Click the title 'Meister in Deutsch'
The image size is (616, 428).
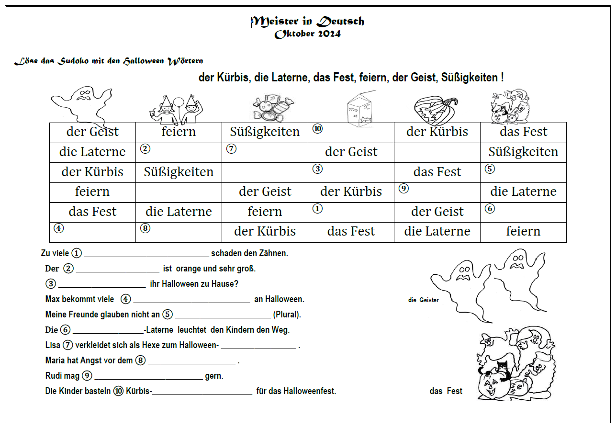coord(308,21)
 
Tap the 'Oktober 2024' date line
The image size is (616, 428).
coord(308,34)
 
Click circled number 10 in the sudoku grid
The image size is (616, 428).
coord(317,128)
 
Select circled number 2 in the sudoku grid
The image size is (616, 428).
coord(145,148)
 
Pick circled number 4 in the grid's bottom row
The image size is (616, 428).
coord(58,228)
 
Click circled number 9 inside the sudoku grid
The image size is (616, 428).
coord(403,189)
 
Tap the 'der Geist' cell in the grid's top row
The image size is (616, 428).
coord(92,132)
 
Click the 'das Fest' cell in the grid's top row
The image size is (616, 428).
coord(523,132)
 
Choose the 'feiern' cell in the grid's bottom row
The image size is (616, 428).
coord(523,232)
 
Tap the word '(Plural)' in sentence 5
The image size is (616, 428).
coord(287,315)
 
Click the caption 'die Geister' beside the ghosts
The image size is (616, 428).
coord(423,300)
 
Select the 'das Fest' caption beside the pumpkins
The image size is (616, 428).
coord(446,391)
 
